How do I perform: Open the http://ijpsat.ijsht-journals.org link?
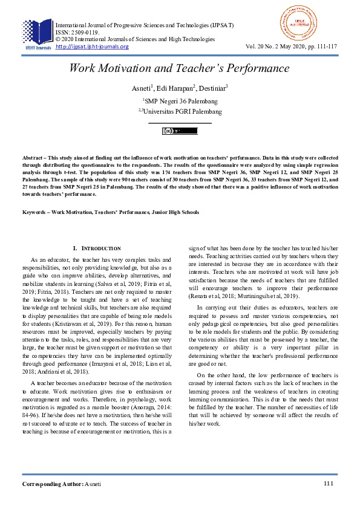pyautogui.click(x=92, y=47)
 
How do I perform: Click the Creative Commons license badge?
pyautogui.click(x=180, y=131)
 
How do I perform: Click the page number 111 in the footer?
pyautogui.click(x=329, y=484)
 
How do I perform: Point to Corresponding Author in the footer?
pyautogui.click(x=53, y=484)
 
